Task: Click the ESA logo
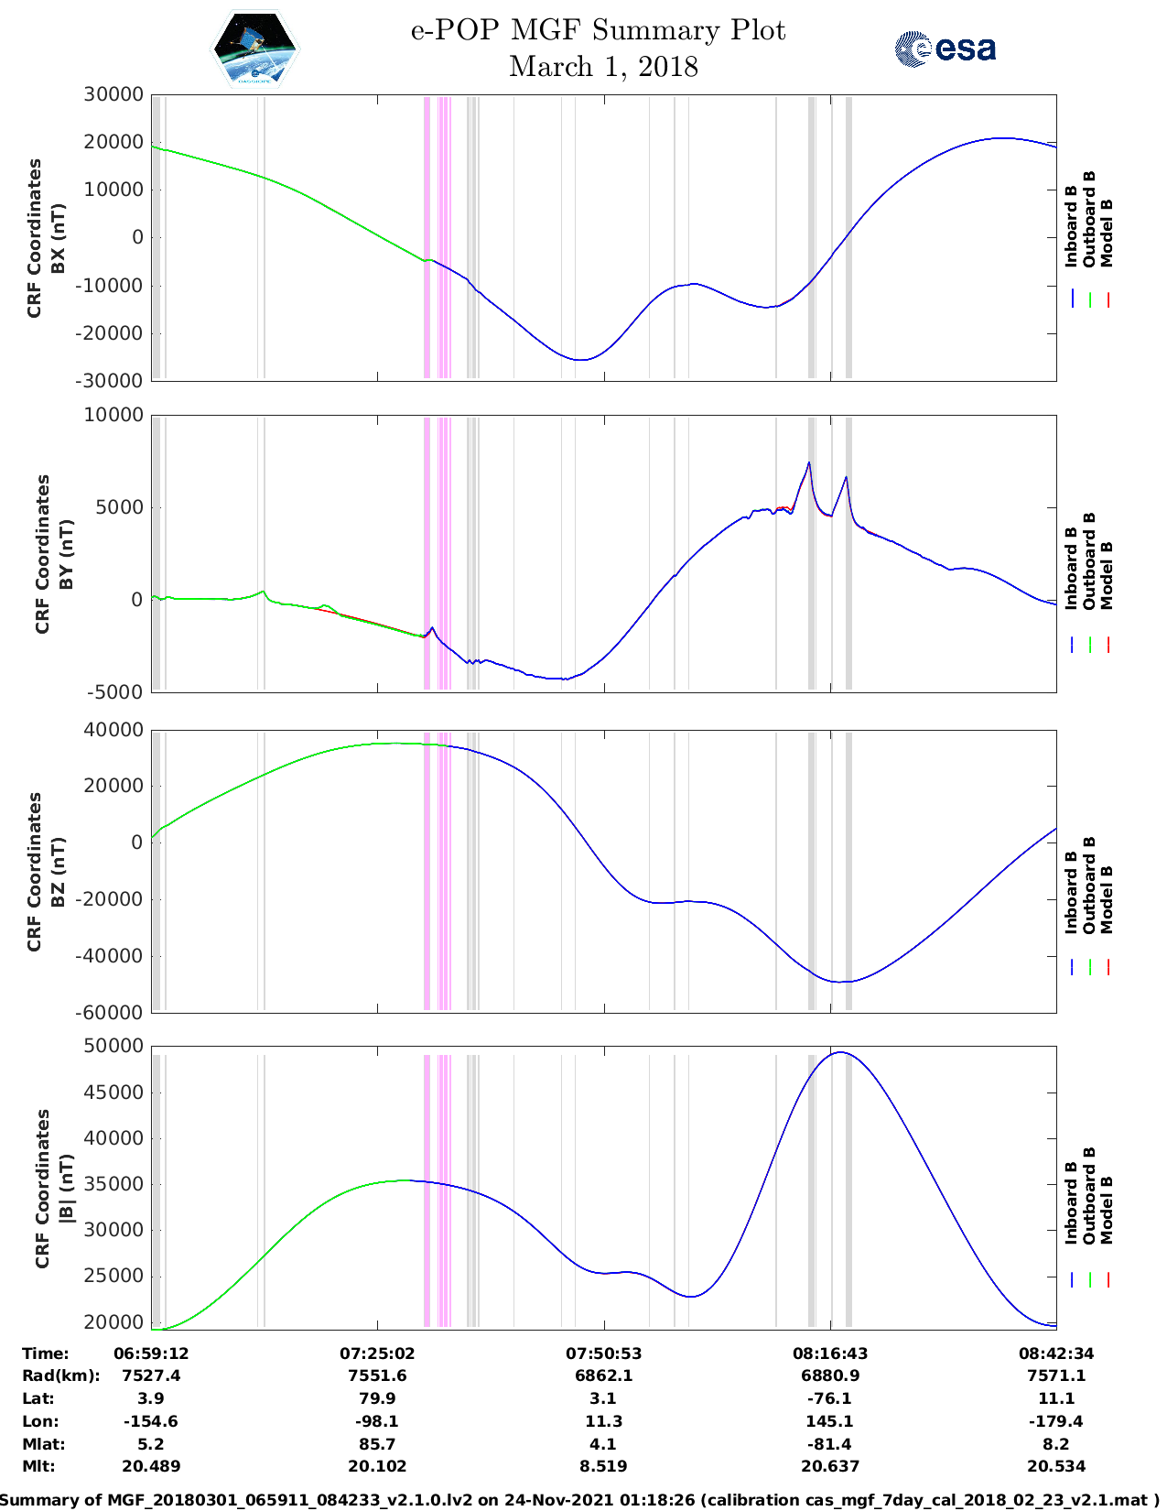click(x=945, y=49)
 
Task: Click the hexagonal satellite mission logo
click(x=254, y=49)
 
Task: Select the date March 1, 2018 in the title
click(x=603, y=67)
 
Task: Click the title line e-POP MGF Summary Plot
click(x=598, y=30)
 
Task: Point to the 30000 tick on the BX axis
click(x=113, y=94)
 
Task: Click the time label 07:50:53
click(x=603, y=1353)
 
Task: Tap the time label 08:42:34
click(x=1055, y=1353)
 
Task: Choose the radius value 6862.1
click(x=603, y=1375)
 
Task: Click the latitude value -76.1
click(x=830, y=1398)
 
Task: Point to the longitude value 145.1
click(x=830, y=1421)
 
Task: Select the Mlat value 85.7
click(x=377, y=1444)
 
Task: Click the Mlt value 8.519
click(x=603, y=1466)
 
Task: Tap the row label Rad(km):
click(x=61, y=1375)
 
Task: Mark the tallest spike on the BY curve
click(x=809, y=462)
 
